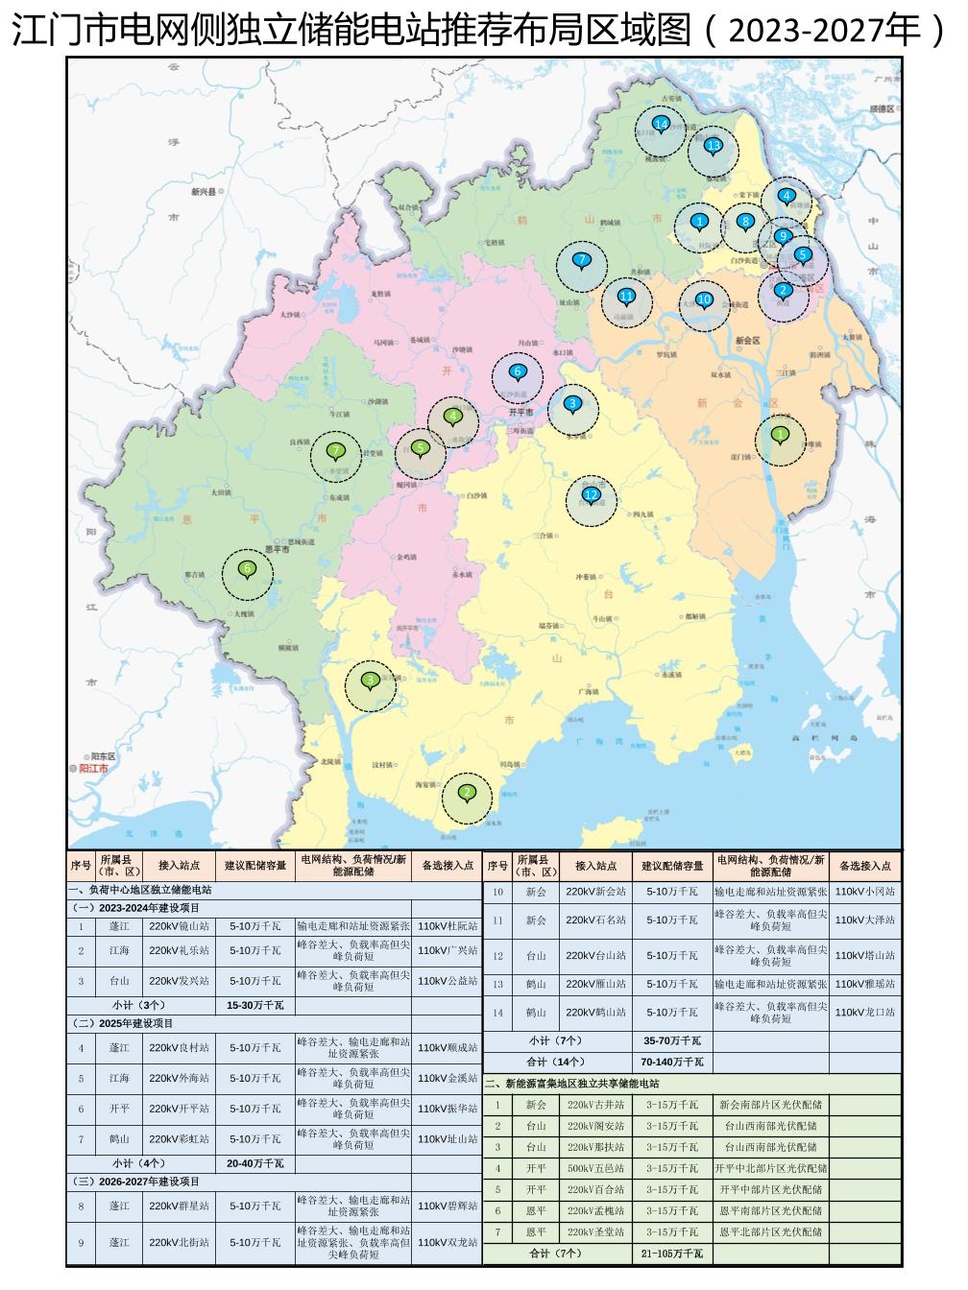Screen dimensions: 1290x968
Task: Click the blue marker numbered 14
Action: click(661, 124)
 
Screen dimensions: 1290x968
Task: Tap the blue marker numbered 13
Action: click(713, 146)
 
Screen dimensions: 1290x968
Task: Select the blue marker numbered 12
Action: click(591, 494)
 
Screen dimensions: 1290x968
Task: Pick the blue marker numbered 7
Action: click(580, 259)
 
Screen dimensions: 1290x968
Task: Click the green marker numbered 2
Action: click(467, 793)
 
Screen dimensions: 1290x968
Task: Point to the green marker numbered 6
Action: click(248, 569)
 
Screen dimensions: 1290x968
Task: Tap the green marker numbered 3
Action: click(370, 681)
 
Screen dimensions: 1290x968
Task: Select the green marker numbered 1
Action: click(780, 435)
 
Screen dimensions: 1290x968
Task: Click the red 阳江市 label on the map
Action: click(92, 769)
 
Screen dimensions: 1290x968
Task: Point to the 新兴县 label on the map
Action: click(205, 192)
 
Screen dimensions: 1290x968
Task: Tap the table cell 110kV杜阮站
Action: click(448, 927)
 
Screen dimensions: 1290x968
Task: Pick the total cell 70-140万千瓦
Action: click(672, 1063)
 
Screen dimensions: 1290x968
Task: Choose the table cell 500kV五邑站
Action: click(595, 1168)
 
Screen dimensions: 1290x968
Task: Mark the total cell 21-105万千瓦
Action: click(672, 1254)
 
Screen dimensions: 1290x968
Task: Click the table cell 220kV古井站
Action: click(595, 1105)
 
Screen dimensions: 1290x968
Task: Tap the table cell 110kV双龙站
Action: click(448, 1242)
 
